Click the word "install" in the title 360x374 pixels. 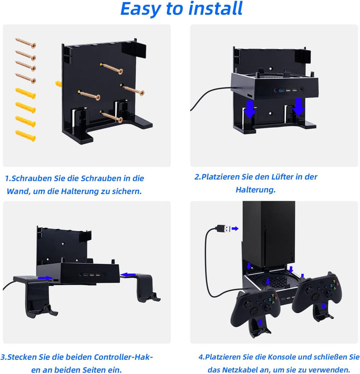pos(215,8)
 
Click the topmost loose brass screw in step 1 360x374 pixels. pos(25,43)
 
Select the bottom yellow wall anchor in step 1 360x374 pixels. pos(25,136)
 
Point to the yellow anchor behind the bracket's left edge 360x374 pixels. pos(58,84)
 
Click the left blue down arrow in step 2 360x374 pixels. pos(249,109)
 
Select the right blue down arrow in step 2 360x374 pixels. pos(298,107)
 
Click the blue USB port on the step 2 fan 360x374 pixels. pos(281,90)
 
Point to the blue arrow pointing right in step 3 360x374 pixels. pos(45,278)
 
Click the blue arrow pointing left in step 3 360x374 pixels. pos(128,275)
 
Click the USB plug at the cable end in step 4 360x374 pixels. pos(223,228)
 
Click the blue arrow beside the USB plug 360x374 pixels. pos(235,229)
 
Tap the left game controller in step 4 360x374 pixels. pos(255,307)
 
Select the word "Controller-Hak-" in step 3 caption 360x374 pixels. pos(123,357)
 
